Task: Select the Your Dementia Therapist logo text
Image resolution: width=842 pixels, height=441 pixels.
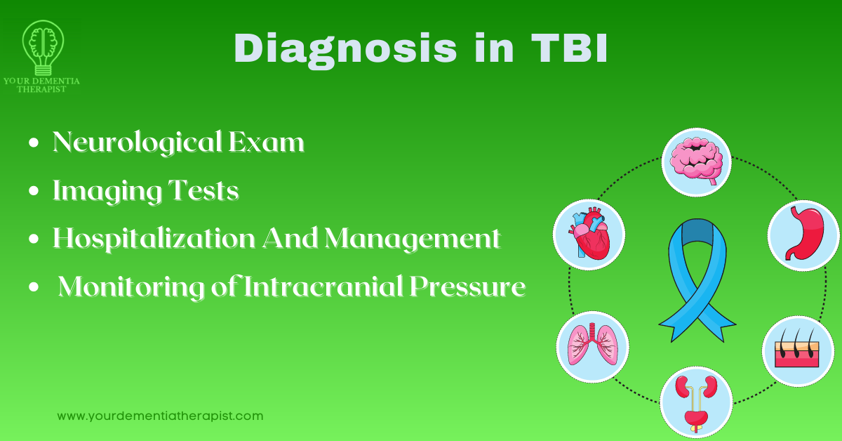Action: [x=41, y=85]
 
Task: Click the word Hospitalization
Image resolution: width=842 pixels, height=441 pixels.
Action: [x=154, y=239]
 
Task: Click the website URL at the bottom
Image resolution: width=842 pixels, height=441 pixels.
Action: [x=160, y=416]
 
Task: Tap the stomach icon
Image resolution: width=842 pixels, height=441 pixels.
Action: [x=803, y=235]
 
